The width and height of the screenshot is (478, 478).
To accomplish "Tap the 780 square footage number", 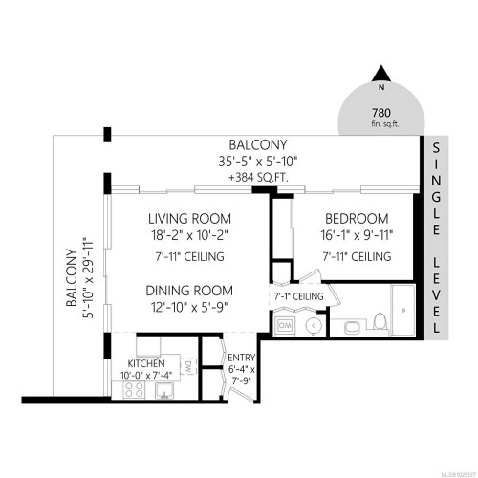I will pos(380,112).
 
